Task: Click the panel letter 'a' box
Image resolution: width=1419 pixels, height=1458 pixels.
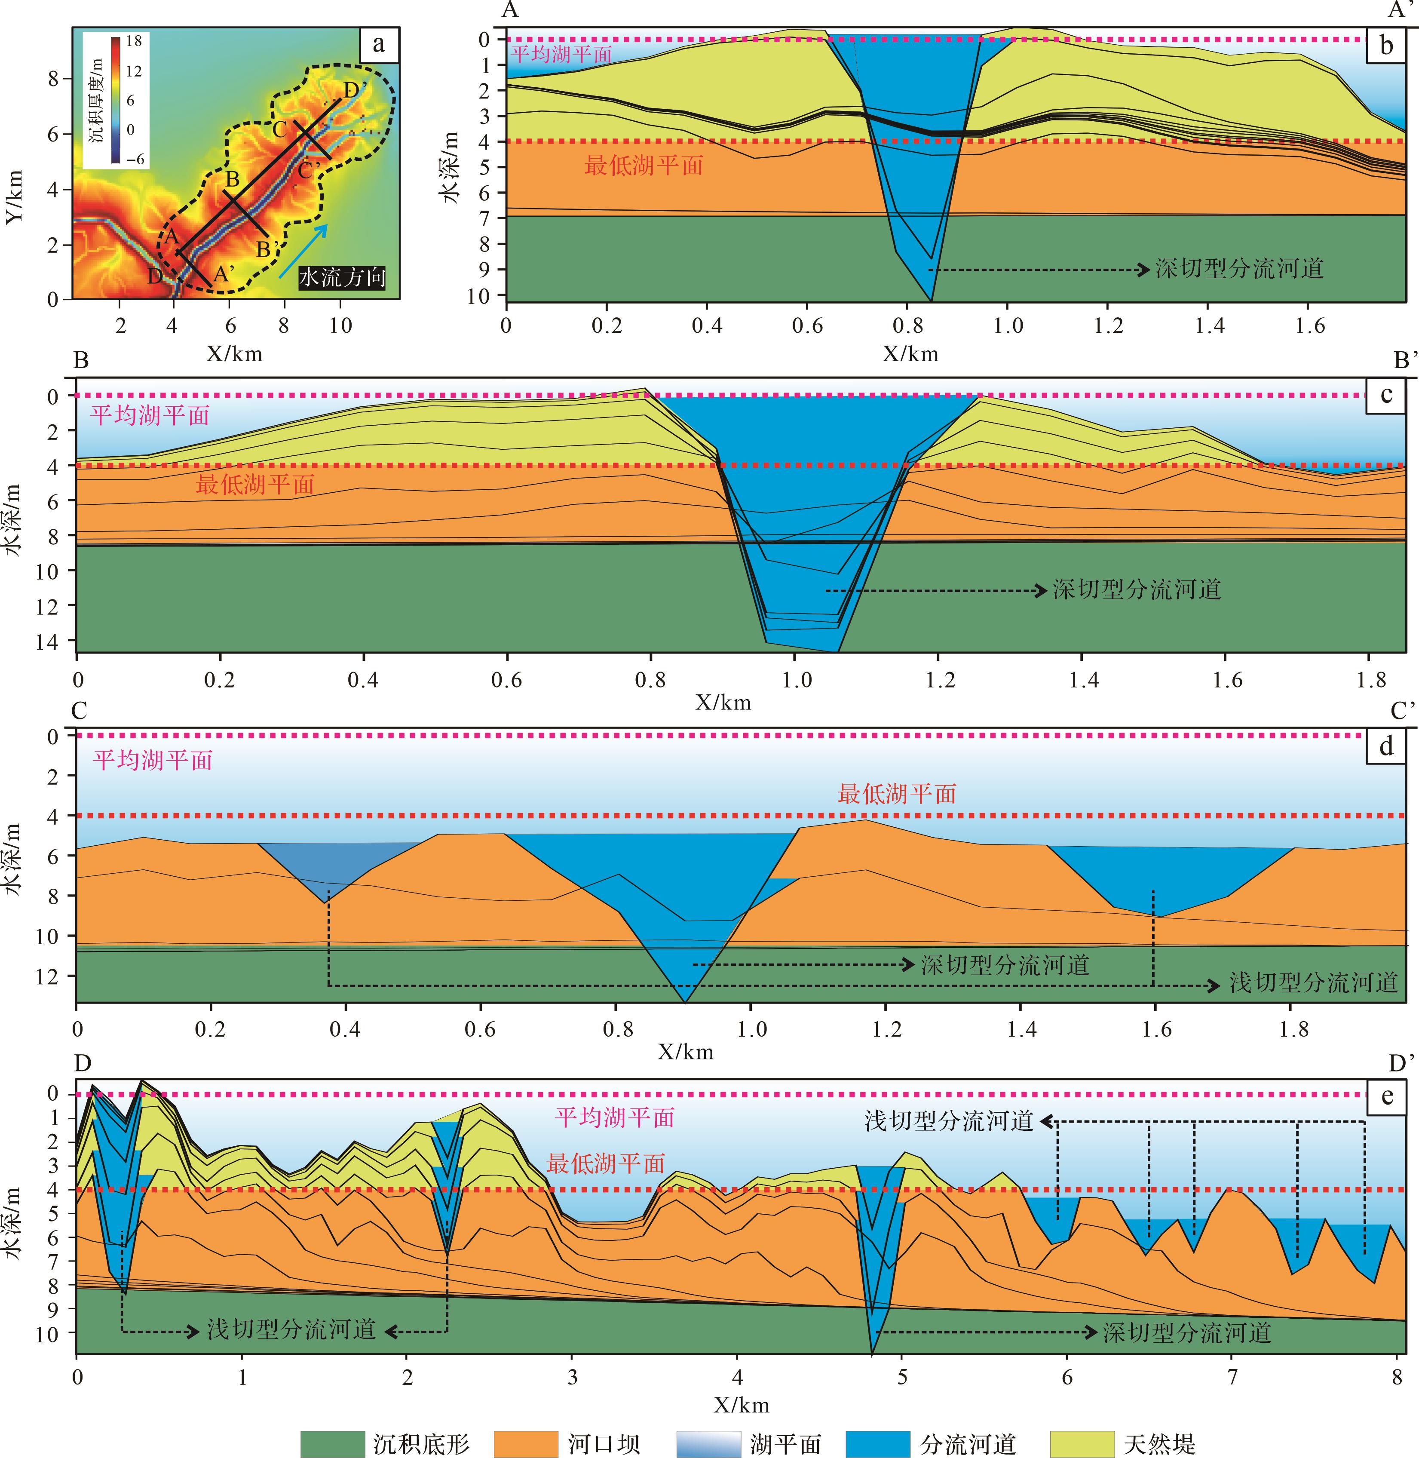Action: click(379, 45)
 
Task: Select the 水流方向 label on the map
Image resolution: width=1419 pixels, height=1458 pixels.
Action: click(342, 278)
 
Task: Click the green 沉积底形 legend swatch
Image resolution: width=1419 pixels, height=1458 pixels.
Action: click(332, 1443)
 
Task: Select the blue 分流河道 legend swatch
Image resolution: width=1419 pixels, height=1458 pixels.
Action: click(878, 1443)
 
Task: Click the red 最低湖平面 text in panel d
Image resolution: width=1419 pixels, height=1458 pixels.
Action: click(897, 794)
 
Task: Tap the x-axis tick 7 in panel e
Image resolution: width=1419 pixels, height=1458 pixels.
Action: click(1232, 1377)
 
